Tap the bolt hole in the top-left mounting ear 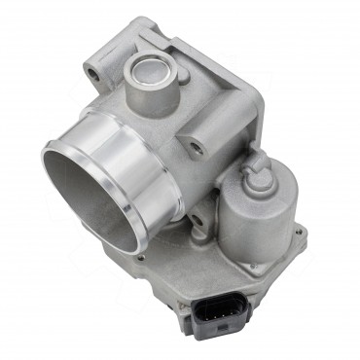[93, 72]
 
